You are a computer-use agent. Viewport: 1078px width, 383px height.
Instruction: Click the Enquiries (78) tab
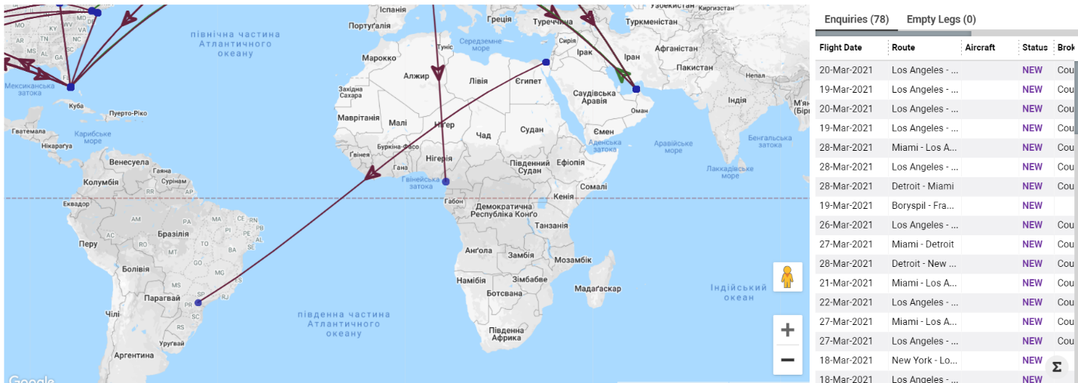(x=856, y=19)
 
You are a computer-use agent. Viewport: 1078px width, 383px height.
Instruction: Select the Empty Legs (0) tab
(x=941, y=19)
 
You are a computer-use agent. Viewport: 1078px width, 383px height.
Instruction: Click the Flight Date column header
(x=841, y=47)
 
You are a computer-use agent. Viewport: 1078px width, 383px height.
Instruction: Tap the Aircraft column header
(x=980, y=47)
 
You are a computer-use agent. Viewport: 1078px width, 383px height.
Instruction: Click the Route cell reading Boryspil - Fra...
(x=923, y=205)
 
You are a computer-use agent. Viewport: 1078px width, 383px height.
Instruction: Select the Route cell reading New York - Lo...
(x=924, y=360)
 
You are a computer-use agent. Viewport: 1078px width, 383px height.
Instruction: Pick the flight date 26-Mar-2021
(x=845, y=225)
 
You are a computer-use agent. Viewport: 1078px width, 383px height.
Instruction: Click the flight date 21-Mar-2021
(x=845, y=283)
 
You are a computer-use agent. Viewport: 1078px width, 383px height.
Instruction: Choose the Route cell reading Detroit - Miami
(x=923, y=186)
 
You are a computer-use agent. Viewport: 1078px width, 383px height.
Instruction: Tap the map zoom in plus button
(x=788, y=330)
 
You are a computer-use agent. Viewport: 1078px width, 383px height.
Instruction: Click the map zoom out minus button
(x=788, y=360)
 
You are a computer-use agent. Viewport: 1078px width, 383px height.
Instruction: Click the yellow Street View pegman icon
(x=788, y=277)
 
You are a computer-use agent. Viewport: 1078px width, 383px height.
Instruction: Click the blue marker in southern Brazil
(x=198, y=303)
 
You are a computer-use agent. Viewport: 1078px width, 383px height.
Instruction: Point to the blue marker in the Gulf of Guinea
(x=446, y=182)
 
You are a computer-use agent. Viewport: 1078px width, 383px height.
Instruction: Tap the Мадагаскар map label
(x=598, y=289)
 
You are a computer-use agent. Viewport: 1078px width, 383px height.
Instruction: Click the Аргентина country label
(x=134, y=355)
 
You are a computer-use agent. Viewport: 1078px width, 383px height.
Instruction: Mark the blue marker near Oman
(x=636, y=89)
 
